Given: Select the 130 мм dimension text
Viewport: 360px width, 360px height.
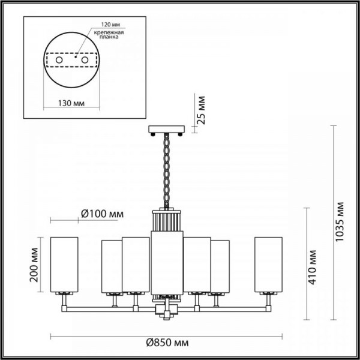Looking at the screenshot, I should tap(71, 103).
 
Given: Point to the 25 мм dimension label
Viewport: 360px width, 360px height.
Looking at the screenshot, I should tap(203, 110).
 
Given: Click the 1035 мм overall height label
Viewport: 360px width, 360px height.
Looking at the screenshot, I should tap(340, 223).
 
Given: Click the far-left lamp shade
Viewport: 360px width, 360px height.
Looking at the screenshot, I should tap(64, 264).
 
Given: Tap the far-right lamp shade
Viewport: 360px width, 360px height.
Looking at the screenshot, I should tap(268, 264).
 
